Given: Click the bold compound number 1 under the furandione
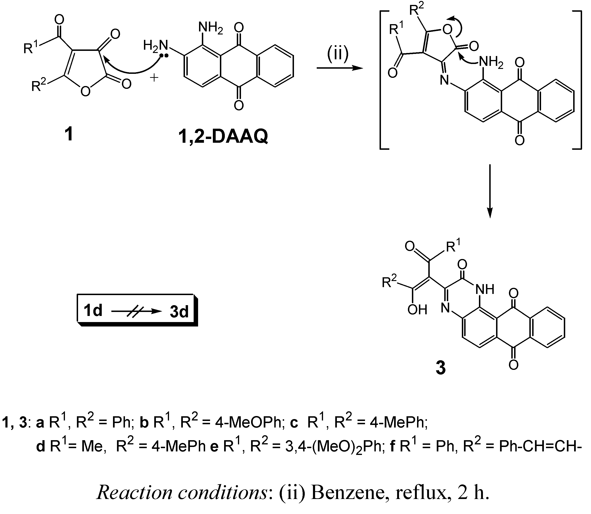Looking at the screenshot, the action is [69, 134].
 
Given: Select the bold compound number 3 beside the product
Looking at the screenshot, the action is [441, 368].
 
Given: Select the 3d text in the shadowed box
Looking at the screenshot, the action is [179, 311].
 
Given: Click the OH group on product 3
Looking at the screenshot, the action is [418, 310].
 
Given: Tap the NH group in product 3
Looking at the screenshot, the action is [485, 289].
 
